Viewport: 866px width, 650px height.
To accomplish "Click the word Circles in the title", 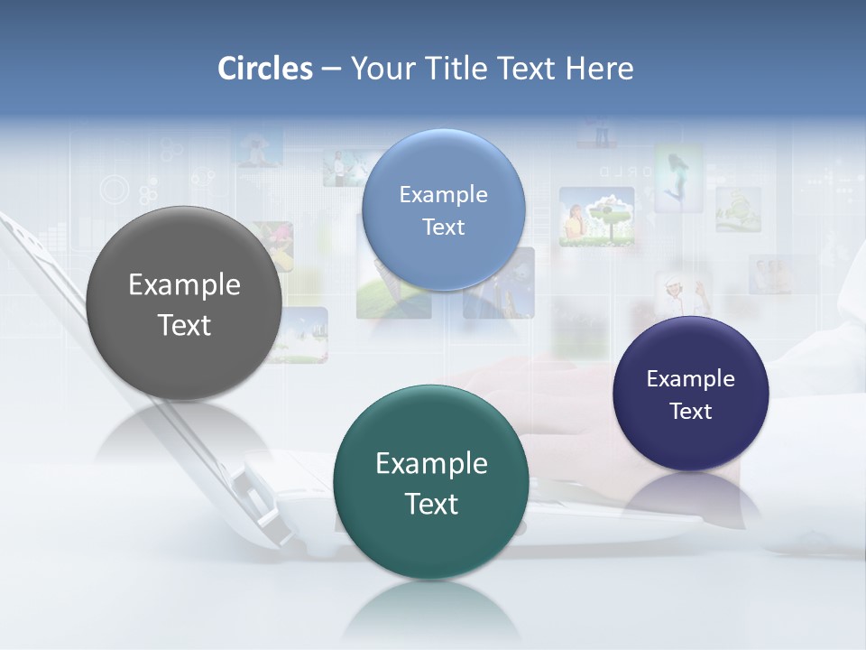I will [265, 69].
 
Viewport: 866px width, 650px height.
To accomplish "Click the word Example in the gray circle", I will [184, 285].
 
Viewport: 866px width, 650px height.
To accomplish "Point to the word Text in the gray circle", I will [184, 325].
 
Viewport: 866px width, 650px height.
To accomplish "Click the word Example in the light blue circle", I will [444, 195].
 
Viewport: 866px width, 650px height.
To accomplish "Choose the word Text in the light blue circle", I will [444, 227].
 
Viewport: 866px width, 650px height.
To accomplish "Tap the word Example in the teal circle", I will [431, 464].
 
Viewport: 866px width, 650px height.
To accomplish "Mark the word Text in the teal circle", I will [431, 504].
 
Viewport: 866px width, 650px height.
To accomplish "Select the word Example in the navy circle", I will [691, 379].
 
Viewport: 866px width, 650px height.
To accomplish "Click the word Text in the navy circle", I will [691, 412].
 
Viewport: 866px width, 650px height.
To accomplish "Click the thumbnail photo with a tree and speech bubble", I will [596, 217].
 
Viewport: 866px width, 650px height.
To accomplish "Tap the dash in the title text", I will [331, 69].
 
